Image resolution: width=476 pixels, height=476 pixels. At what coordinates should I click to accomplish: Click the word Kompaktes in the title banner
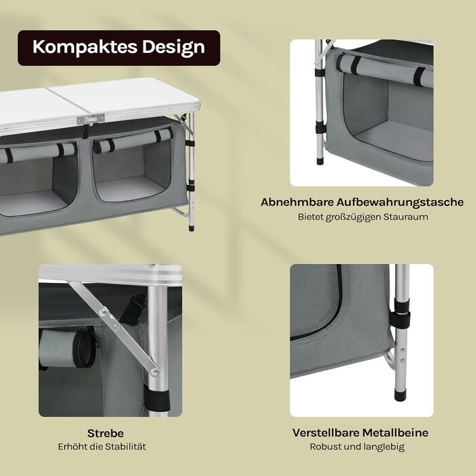(85, 48)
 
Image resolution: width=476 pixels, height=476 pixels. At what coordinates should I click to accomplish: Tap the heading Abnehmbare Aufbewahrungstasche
(362, 202)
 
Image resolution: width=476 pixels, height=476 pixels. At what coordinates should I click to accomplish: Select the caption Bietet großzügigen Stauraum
(362, 217)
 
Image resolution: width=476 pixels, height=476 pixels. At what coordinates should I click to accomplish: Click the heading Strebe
(105, 433)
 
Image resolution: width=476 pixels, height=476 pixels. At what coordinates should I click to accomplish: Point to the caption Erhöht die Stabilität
(102, 447)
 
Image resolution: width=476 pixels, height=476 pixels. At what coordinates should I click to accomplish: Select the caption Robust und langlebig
(357, 447)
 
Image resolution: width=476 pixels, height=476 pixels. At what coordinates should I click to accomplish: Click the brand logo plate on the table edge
(90, 119)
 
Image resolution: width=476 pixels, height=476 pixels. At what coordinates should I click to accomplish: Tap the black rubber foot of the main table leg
(191, 227)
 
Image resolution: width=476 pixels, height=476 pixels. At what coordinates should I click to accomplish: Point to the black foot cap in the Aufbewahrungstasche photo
(319, 160)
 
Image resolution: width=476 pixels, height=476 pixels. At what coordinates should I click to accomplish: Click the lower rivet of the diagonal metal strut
(154, 371)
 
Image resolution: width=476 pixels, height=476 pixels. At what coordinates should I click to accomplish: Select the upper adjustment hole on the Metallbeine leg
(403, 350)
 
